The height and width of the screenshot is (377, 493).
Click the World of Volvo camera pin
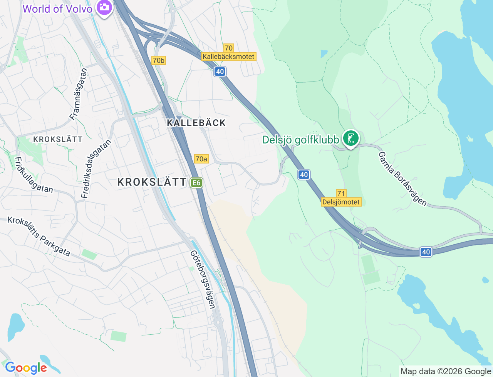point(104,7)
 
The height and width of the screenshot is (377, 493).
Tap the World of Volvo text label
point(57,9)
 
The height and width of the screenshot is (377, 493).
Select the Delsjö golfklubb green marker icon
point(350,138)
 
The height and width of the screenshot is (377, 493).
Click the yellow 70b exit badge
point(158,60)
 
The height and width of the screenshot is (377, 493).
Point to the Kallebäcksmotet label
point(228,57)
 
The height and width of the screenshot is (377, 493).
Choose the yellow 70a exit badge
point(201,159)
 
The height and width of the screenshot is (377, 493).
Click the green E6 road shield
point(196,182)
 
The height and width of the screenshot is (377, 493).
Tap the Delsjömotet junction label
point(341,202)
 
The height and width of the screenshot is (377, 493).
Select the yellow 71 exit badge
point(341,194)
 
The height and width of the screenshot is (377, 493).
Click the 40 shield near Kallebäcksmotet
point(220,72)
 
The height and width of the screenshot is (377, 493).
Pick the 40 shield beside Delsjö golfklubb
point(304,175)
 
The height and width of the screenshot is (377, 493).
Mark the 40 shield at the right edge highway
point(426,252)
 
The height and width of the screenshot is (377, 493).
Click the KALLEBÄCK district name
point(196,123)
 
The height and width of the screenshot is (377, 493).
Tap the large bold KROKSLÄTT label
point(152,182)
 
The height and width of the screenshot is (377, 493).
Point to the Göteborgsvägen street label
point(203,279)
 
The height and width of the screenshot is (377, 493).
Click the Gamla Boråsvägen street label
point(402,179)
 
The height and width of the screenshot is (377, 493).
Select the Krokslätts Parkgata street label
point(39,236)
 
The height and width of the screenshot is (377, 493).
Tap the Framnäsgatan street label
point(79,94)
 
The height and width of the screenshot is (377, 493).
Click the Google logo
point(26,368)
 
